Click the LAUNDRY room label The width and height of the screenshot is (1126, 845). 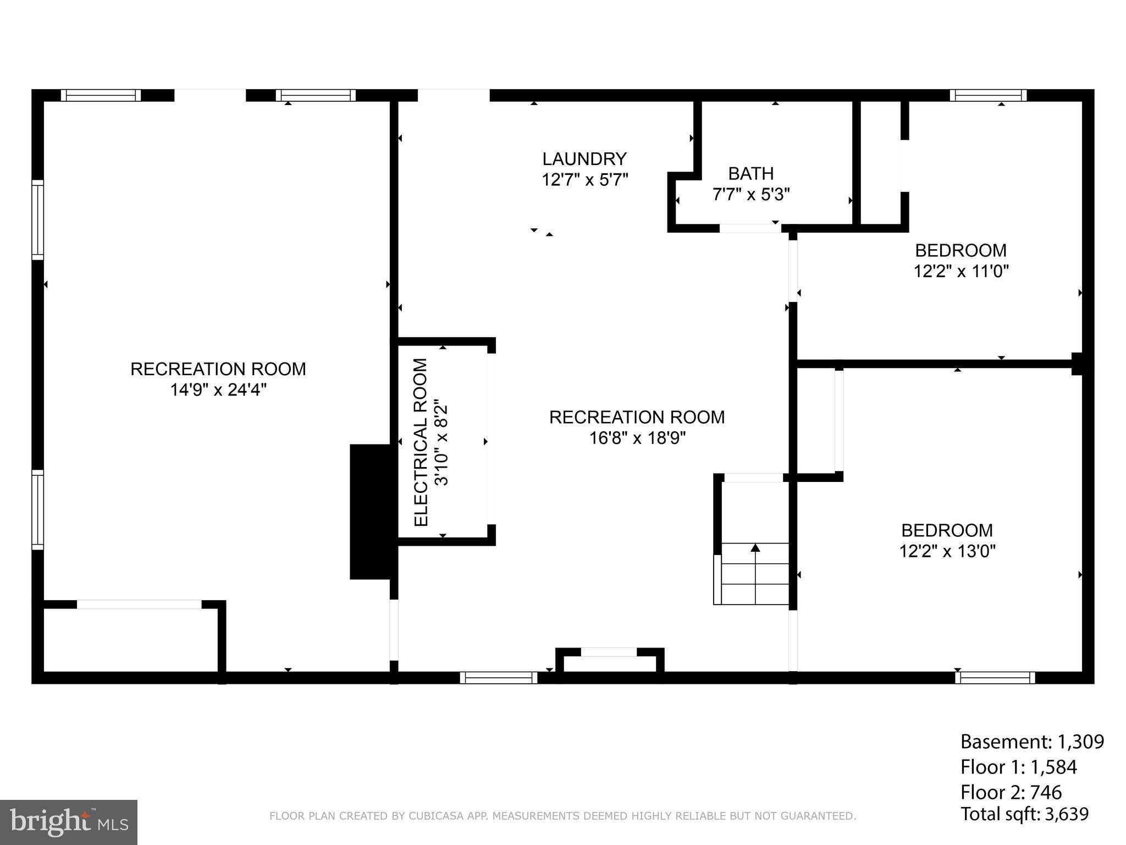pyautogui.click(x=584, y=159)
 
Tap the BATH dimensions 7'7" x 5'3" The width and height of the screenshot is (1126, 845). pyautogui.click(x=751, y=195)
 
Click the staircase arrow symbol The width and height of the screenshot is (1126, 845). pyautogui.click(x=755, y=547)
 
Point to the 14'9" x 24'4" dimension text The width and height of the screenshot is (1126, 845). pyautogui.click(x=218, y=390)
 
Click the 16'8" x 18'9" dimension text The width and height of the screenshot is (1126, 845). pyautogui.click(x=637, y=438)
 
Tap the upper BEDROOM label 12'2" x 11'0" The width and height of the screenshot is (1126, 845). pyautogui.click(x=961, y=261)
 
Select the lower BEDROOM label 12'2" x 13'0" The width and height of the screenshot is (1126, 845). pyautogui.click(x=947, y=540)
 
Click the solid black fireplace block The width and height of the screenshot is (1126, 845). pyautogui.click(x=373, y=512)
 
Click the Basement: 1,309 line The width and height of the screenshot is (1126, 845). pyautogui.click(x=1031, y=742)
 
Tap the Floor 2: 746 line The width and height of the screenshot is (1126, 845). pyautogui.click(x=1011, y=792)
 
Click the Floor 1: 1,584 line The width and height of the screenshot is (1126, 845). pyautogui.click(x=1018, y=767)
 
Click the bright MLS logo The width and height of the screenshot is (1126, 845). pyautogui.click(x=69, y=822)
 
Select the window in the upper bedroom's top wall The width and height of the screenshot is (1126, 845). pyautogui.click(x=988, y=95)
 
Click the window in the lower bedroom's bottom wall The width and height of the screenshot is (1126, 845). pyautogui.click(x=995, y=678)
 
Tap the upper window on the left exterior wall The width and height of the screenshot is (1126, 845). pyautogui.click(x=37, y=220)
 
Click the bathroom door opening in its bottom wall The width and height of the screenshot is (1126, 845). pyautogui.click(x=750, y=228)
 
